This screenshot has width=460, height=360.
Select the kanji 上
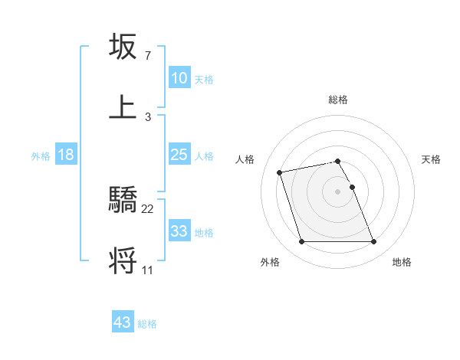[x=123, y=106]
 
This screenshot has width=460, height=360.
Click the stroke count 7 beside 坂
[x=148, y=56]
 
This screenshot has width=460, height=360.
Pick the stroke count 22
[x=148, y=209]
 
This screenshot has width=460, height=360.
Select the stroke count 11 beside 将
[x=148, y=270]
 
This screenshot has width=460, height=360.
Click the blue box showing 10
[x=179, y=78]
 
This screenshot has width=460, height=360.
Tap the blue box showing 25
[x=179, y=155]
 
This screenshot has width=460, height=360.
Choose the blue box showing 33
[x=179, y=231]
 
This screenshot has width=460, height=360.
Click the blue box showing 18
[x=66, y=155]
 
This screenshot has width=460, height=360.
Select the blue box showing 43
[x=123, y=322]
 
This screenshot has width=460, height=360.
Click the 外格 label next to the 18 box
[x=41, y=155]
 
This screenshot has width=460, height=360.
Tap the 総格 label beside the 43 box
[x=147, y=324]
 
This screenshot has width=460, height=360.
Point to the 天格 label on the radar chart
[x=432, y=159]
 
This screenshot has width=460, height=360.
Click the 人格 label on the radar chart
[x=246, y=159]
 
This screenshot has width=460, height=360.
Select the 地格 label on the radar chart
[x=402, y=262]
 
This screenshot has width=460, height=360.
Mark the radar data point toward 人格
[x=280, y=172]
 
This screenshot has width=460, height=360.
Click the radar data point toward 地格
[x=373, y=242]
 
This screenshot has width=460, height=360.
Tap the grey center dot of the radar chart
[x=337, y=191]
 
